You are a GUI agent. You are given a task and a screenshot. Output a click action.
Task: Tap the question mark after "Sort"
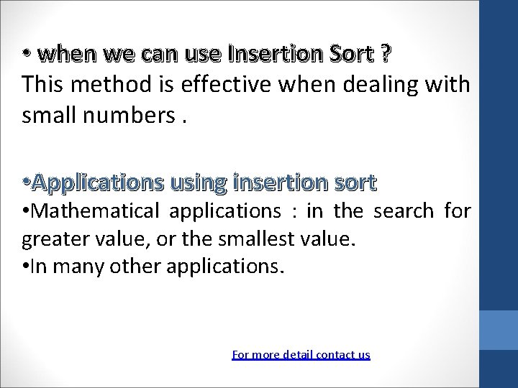point(386,54)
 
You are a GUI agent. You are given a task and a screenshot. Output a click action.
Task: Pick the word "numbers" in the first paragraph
point(135,115)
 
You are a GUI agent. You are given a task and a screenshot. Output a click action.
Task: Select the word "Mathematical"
point(97,211)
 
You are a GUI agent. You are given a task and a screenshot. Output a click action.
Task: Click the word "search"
point(404,211)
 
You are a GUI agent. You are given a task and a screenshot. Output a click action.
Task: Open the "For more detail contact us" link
point(301,354)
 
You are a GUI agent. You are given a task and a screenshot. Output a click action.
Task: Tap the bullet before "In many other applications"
point(26,267)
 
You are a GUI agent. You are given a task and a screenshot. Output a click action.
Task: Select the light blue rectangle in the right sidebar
point(499,330)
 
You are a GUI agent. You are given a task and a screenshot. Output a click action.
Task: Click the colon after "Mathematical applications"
point(294,212)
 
